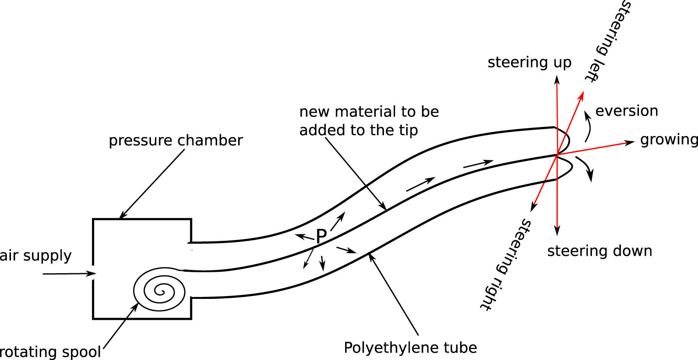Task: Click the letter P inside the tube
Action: [321, 236]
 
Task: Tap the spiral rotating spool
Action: [160, 290]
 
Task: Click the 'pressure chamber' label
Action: [176, 140]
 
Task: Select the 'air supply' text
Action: [36, 255]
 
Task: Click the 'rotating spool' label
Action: [50, 352]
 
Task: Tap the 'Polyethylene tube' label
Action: [410, 348]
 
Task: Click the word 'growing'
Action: [669, 140]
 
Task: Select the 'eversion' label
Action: [627, 111]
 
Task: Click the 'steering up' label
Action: [529, 62]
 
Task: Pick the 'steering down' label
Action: [599, 251]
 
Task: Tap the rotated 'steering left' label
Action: [606, 41]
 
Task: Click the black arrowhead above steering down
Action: [557, 230]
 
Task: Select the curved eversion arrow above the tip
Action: [587, 123]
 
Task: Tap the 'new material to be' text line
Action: [369, 112]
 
